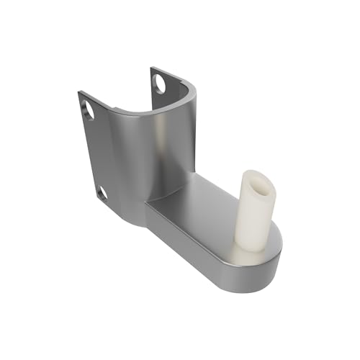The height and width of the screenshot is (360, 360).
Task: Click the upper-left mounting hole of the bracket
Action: pyautogui.click(x=89, y=109)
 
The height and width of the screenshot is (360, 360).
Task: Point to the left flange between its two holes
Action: pyautogui.click(x=95, y=151)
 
